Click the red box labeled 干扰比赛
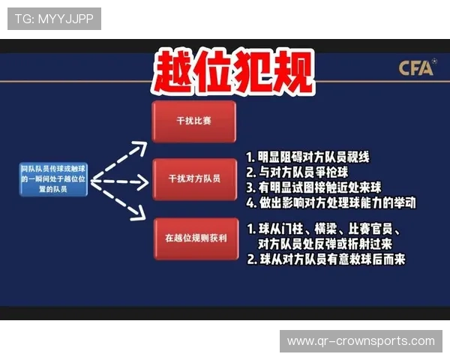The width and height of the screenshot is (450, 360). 193,121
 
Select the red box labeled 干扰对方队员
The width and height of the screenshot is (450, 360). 193,179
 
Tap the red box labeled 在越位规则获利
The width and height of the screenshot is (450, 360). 193,239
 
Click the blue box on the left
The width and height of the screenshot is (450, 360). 53,181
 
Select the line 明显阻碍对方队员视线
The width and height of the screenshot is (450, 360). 308,157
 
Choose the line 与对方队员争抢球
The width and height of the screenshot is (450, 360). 298,172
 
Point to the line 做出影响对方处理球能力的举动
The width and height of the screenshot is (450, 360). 331,202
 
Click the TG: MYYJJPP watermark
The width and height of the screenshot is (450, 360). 54,18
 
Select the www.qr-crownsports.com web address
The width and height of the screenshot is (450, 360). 361,341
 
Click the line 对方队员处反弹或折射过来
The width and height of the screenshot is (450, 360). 324,244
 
